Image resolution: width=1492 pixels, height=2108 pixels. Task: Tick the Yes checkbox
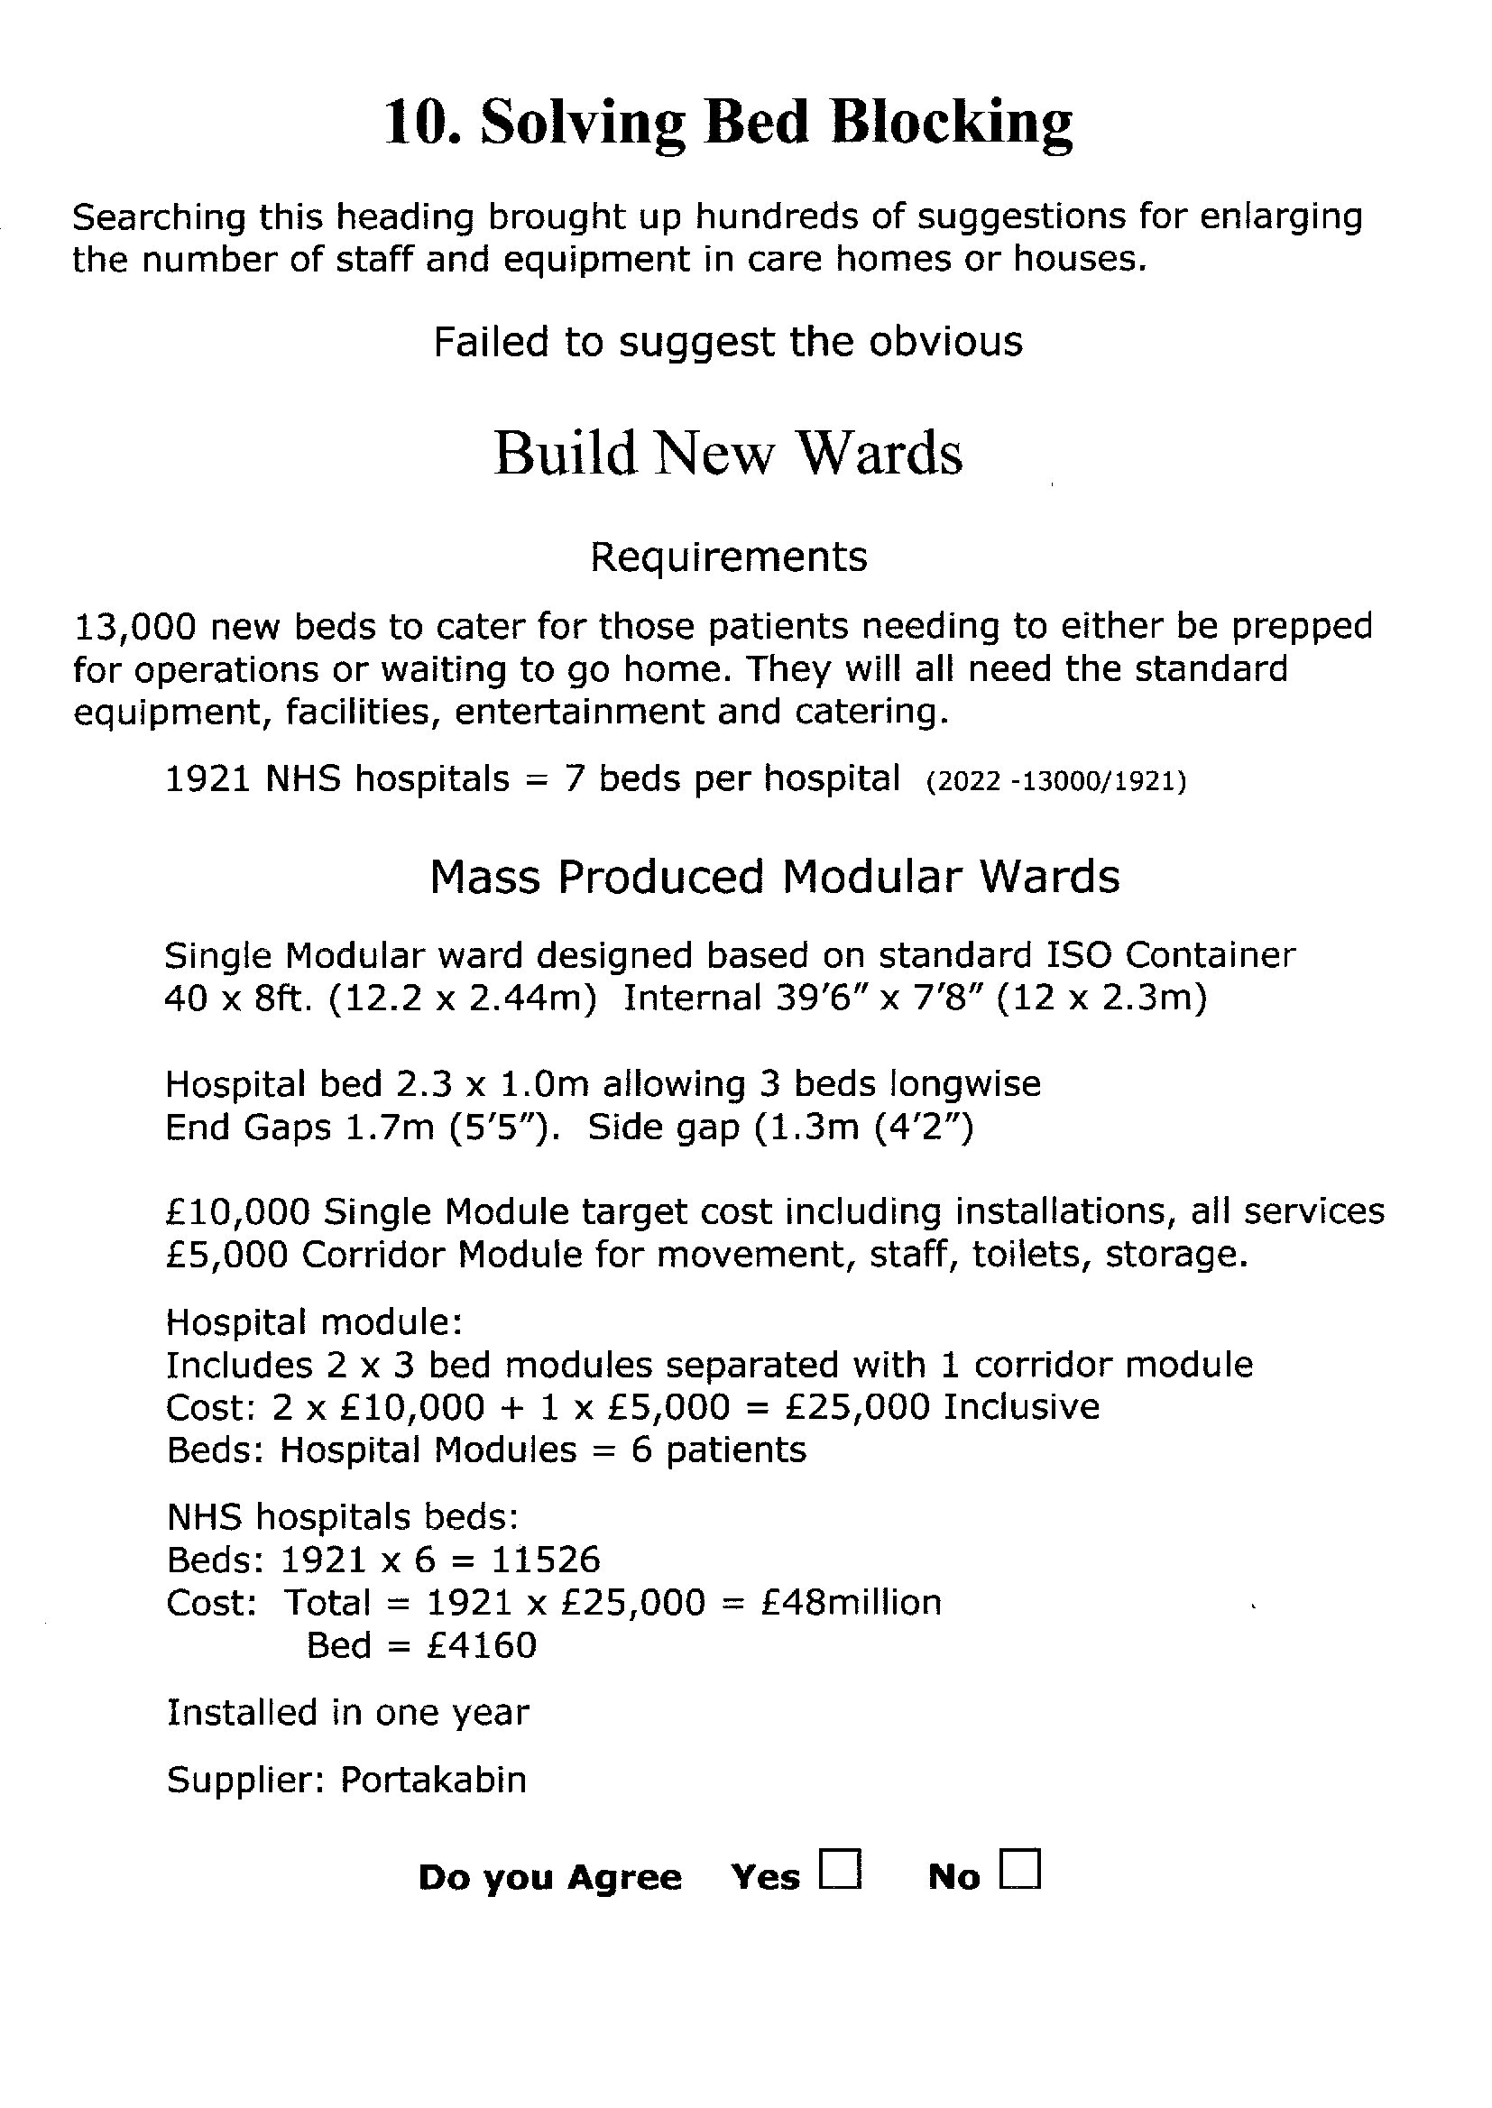[x=841, y=1869]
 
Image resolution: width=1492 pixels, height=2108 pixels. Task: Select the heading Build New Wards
[x=728, y=453]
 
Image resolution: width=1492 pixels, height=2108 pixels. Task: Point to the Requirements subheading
[x=728, y=557]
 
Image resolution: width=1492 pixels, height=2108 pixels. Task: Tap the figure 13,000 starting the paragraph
[x=134, y=627]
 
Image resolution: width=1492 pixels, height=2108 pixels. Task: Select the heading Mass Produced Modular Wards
[x=775, y=877]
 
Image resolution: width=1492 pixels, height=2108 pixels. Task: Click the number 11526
[x=546, y=1560]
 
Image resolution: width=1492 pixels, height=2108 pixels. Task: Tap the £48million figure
[x=852, y=1603]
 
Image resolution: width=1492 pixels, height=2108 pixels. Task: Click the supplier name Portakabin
[x=434, y=1780]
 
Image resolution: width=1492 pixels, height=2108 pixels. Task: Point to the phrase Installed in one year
[x=347, y=1713]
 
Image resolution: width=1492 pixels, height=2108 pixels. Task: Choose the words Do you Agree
[x=549, y=1878]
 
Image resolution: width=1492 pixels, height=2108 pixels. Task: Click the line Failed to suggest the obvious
[x=728, y=343]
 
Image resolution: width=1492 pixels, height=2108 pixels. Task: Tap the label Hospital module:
[x=313, y=1322]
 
